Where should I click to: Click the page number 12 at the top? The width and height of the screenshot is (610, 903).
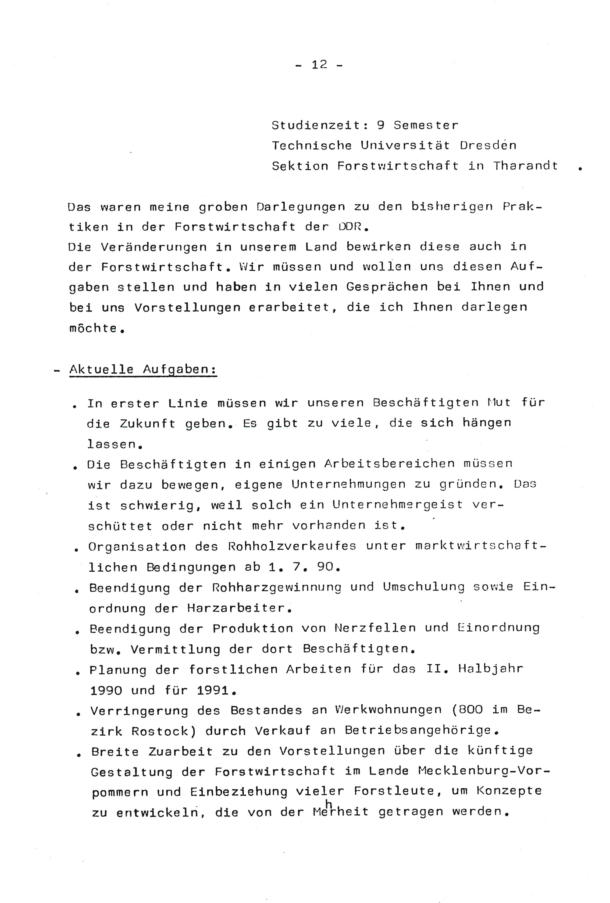tap(319, 65)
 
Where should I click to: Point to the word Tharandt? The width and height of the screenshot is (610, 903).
tap(525, 166)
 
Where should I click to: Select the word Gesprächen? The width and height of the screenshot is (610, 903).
tap(387, 287)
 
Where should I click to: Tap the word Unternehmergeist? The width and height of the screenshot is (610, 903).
tap(398, 505)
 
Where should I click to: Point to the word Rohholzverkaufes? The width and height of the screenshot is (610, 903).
tap(292, 546)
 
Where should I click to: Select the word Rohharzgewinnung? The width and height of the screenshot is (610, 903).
tap(276, 587)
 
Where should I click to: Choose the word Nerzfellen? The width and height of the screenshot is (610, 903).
tap(375, 628)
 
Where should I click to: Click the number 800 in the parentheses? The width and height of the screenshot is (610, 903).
tap(470, 710)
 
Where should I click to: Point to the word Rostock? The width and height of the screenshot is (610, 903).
tap(162, 731)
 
